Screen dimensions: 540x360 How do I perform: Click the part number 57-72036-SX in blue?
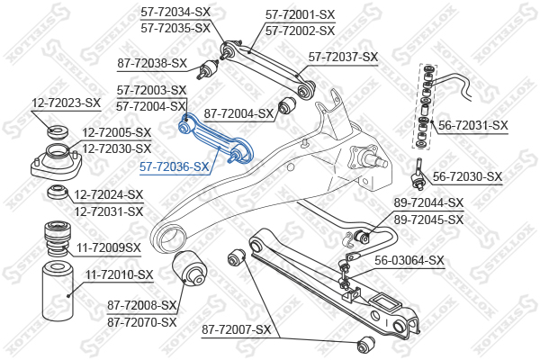pyautogui.click(x=175, y=167)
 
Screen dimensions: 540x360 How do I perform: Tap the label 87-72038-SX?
pyautogui.click(x=152, y=63)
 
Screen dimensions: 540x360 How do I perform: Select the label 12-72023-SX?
pyautogui.click(x=66, y=103)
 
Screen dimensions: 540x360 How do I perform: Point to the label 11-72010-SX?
pyautogui.click(x=119, y=274)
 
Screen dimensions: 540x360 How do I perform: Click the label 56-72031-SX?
pyautogui.click(x=473, y=125)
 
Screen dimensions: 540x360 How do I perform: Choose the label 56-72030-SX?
pyautogui.click(x=467, y=177)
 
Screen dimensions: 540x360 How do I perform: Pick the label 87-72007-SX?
pyautogui.click(x=237, y=330)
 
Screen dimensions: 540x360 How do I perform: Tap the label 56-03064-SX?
pyautogui.click(x=409, y=260)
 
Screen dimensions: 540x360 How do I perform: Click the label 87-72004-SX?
pyautogui.click(x=238, y=113)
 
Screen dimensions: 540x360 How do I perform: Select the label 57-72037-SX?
pyautogui.click(x=343, y=57)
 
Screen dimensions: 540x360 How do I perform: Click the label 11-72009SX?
pyautogui.click(x=109, y=247)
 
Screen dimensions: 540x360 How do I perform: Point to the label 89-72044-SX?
pyautogui.click(x=428, y=202)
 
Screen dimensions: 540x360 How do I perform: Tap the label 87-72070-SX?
pyautogui.click(x=142, y=322)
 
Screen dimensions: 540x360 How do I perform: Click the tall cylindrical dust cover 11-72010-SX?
pyautogui.click(x=58, y=291)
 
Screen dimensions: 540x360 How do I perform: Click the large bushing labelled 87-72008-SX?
pyautogui.click(x=189, y=267)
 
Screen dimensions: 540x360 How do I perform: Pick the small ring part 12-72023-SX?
pyautogui.click(x=58, y=131)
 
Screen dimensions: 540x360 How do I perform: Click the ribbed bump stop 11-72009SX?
pyautogui.click(x=58, y=238)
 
